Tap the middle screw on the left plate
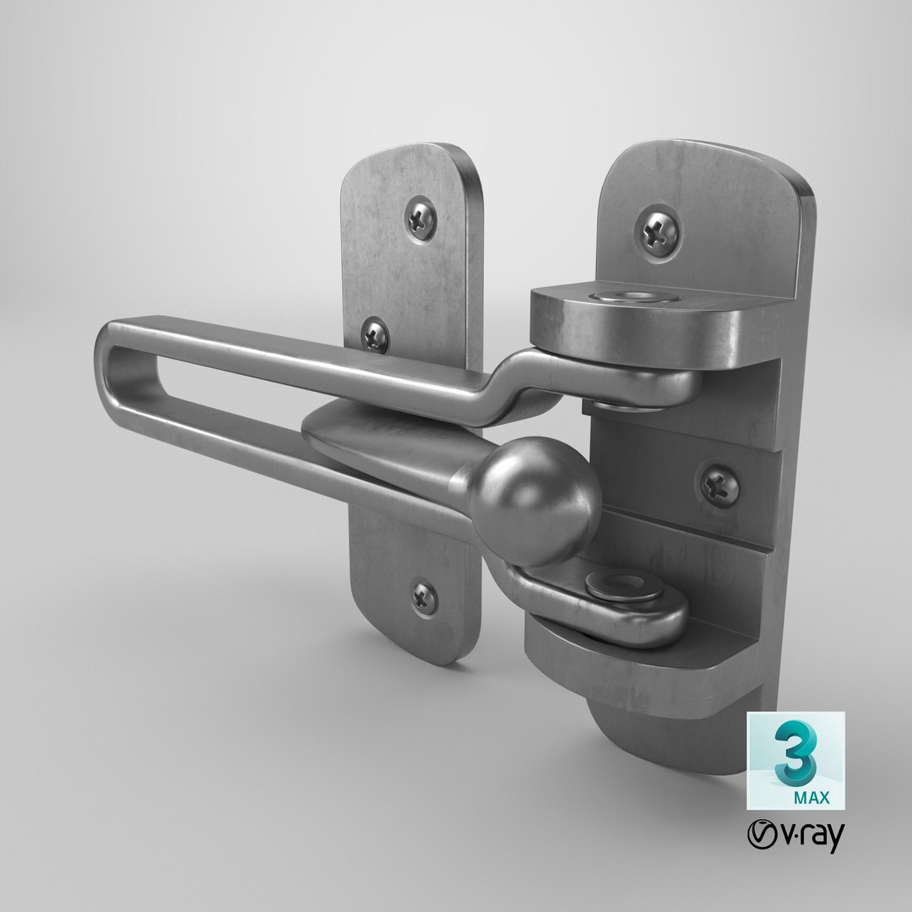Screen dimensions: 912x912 click(375, 337)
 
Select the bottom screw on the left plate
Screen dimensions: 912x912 click(425, 598)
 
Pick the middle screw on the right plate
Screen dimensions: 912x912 click(719, 484)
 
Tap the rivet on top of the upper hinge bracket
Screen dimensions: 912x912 click(620, 296)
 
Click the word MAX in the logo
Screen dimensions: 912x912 click(810, 795)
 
